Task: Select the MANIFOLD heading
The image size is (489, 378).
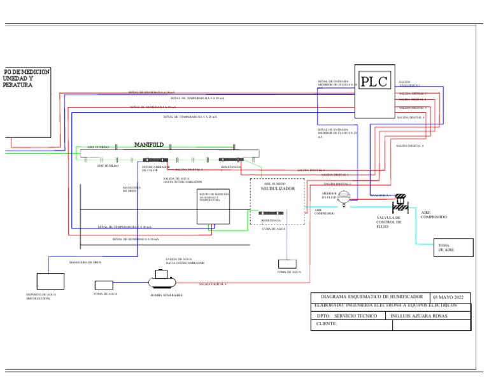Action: (x=149, y=144)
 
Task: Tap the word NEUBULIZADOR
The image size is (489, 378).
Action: (x=278, y=189)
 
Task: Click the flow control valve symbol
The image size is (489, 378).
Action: (x=400, y=203)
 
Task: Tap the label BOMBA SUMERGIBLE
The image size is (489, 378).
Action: (x=166, y=296)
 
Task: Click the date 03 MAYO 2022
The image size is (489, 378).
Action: (x=450, y=298)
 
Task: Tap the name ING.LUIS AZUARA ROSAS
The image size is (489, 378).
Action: (x=420, y=316)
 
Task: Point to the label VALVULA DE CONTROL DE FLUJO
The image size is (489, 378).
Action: (x=388, y=221)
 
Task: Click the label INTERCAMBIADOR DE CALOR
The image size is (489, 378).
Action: (x=155, y=169)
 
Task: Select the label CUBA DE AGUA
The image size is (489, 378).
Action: (x=274, y=228)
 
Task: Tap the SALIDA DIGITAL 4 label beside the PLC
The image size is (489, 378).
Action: (x=411, y=118)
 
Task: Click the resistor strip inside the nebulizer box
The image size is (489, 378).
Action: (x=271, y=213)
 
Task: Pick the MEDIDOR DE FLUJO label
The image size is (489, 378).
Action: (x=330, y=195)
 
